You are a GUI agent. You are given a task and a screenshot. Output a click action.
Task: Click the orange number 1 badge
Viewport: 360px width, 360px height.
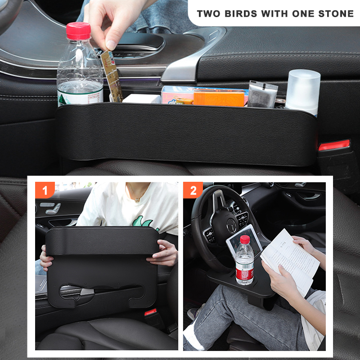click(x=45, y=190)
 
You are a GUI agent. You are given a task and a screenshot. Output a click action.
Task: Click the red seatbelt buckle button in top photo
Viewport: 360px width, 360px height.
click(x=334, y=145)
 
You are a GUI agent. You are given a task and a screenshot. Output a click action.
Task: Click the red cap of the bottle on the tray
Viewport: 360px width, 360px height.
click(x=244, y=239)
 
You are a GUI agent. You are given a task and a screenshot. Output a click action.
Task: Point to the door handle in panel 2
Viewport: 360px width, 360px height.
click(x=301, y=184)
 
